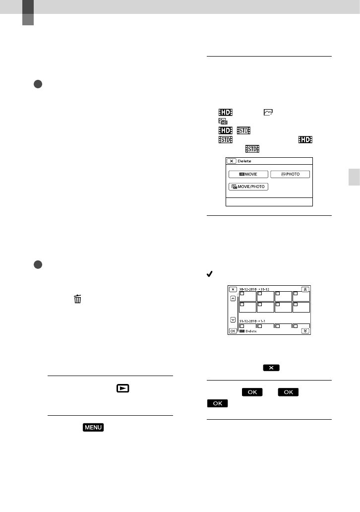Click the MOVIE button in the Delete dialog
[248, 174]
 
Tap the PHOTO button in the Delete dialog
[290, 174]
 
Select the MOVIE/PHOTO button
[248, 187]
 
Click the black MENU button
[94, 427]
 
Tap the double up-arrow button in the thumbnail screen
[305, 288]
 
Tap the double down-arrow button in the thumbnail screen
[305, 330]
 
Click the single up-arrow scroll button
[233, 299]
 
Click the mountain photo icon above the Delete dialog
[268, 113]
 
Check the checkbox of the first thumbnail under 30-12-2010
[243, 294]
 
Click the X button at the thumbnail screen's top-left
[233, 289]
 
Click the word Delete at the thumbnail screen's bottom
[251, 331]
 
